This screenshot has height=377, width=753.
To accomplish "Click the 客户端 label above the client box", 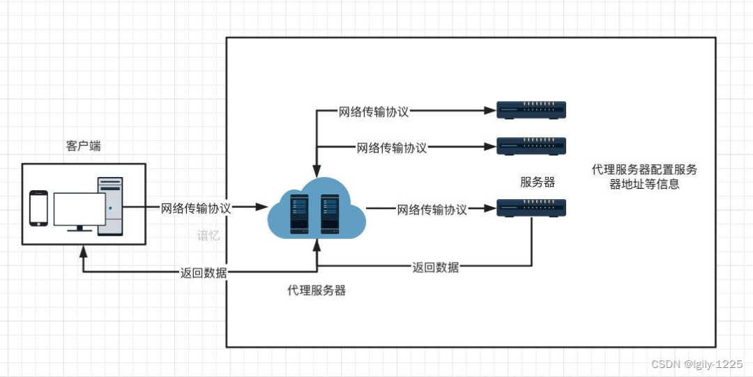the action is click(84, 146).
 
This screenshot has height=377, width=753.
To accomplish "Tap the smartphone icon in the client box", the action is click(39, 208).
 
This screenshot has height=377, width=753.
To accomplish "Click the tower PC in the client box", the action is click(110, 206).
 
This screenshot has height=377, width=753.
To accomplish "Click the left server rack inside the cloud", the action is click(300, 214).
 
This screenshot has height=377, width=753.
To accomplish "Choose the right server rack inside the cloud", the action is click(330, 214).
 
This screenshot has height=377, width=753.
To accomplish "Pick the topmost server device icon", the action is click(531, 110).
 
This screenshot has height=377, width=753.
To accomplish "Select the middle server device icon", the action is click(531, 146).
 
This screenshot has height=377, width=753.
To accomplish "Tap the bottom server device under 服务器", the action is click(531, 208).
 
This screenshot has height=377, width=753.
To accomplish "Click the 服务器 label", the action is click(538, 182).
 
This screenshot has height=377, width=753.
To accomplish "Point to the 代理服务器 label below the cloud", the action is click(317, 291).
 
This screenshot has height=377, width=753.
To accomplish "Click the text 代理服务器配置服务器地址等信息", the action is click(644, 177).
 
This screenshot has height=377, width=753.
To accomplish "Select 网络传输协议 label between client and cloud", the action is click(196, 208).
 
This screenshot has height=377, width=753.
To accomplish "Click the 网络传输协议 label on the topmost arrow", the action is click(374, 112).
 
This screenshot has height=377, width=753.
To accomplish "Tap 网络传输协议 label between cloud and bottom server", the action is click(432, 209).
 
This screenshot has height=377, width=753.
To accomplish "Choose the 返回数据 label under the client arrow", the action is click(204, 272).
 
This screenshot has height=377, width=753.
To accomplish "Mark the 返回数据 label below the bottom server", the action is click(436, 267).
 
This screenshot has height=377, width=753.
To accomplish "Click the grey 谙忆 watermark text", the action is click(208, 236).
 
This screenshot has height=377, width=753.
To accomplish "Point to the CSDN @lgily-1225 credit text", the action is click(697, 364).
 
